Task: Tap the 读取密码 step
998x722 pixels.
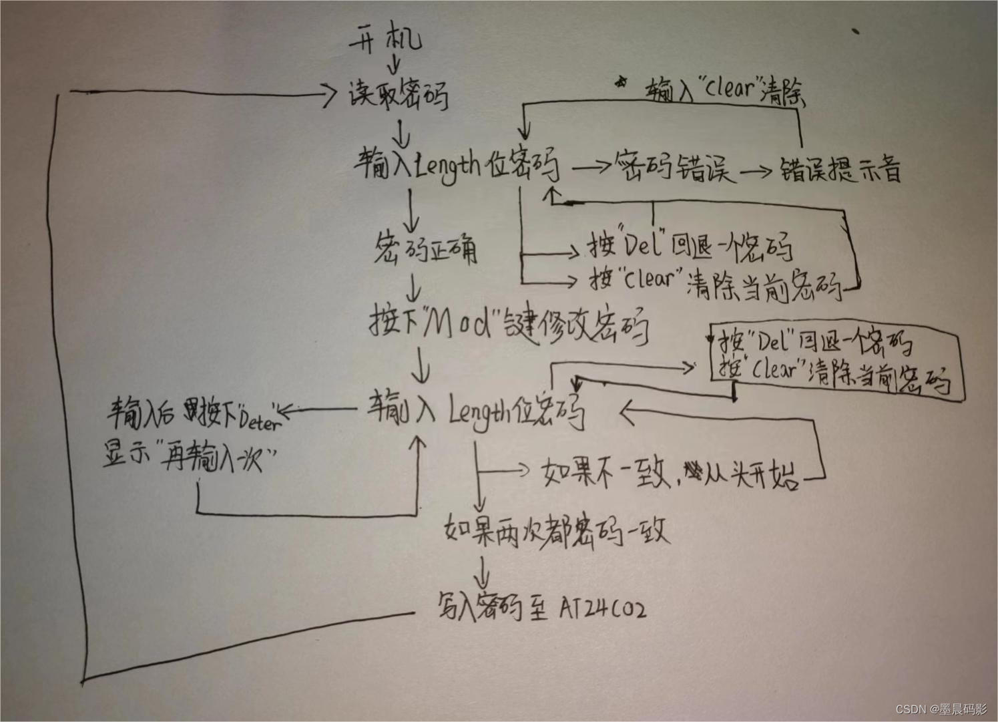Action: [399, 94]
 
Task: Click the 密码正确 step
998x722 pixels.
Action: [426, 249]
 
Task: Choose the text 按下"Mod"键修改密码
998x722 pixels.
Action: [509, 325]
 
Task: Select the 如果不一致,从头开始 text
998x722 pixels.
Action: [670, 474]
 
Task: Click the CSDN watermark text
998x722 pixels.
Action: [941, 709]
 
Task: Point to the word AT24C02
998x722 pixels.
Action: [602, 608]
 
